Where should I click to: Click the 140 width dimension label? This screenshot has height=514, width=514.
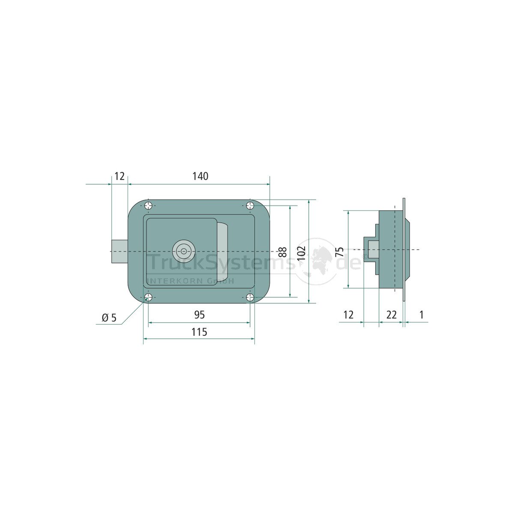point(200,176)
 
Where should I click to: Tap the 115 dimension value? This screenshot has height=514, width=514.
point(199,332)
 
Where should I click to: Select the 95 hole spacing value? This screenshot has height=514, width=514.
point(199,315)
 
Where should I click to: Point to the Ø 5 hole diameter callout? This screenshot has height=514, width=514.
point(109,318)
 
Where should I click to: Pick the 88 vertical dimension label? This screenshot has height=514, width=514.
point(283,252)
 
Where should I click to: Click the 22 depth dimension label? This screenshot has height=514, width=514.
point(391,315)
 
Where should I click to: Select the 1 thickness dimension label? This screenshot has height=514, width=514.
point(421,315)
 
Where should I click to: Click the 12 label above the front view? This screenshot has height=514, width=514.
point(120,176)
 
